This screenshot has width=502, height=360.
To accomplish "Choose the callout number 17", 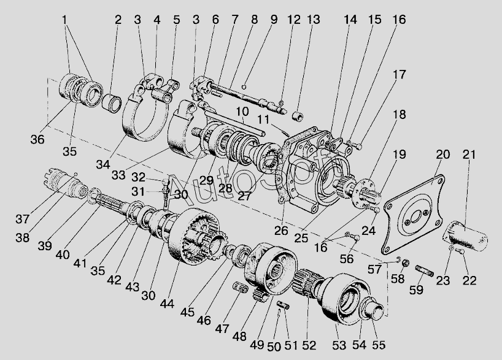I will point(400,75).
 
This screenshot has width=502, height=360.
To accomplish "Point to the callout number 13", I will point(314,20).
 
